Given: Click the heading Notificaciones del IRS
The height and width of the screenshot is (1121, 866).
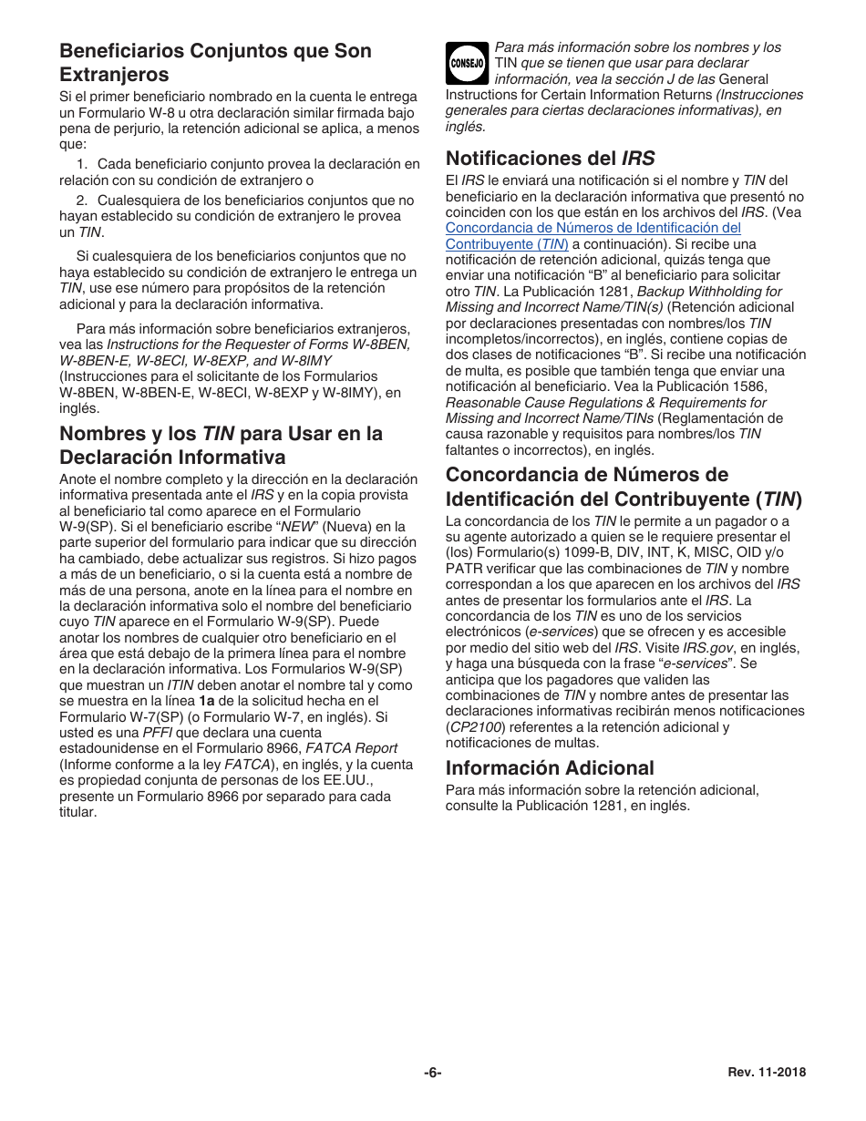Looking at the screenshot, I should point(550,158).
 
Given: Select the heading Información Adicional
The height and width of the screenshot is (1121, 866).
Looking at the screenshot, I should point(550,767).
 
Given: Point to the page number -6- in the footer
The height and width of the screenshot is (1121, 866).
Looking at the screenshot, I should point(433,1073).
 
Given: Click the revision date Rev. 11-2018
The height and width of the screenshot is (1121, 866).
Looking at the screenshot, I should point(767,1073).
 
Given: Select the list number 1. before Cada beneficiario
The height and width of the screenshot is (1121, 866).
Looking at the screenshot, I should point(82,164).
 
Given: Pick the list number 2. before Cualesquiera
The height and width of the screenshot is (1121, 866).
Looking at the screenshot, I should point(82,201).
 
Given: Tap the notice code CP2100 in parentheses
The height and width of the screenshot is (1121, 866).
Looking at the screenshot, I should point(473,727).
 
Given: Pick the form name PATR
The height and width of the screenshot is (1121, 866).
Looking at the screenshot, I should point(463,569).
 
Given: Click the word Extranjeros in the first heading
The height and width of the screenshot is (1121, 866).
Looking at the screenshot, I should point(114,75).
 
